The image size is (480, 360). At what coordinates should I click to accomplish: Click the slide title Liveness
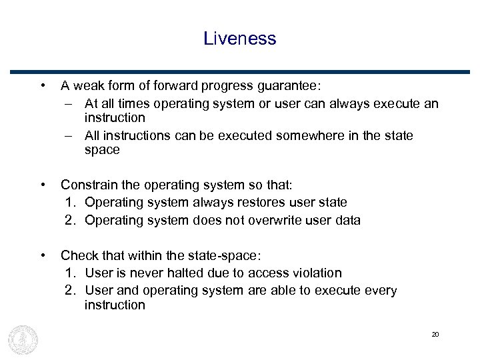[x=240, y=39]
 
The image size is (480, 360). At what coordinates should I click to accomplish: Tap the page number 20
[x=435, y=334]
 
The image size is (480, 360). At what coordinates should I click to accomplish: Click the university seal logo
[x=23, y=339]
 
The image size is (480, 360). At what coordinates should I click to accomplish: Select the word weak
[x=88, y=86]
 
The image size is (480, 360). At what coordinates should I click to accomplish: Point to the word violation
[x=315, y=273]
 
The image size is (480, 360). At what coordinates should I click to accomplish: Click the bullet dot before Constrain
[x=43, y=184]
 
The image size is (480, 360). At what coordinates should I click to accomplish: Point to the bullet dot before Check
[x=43, y=254]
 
